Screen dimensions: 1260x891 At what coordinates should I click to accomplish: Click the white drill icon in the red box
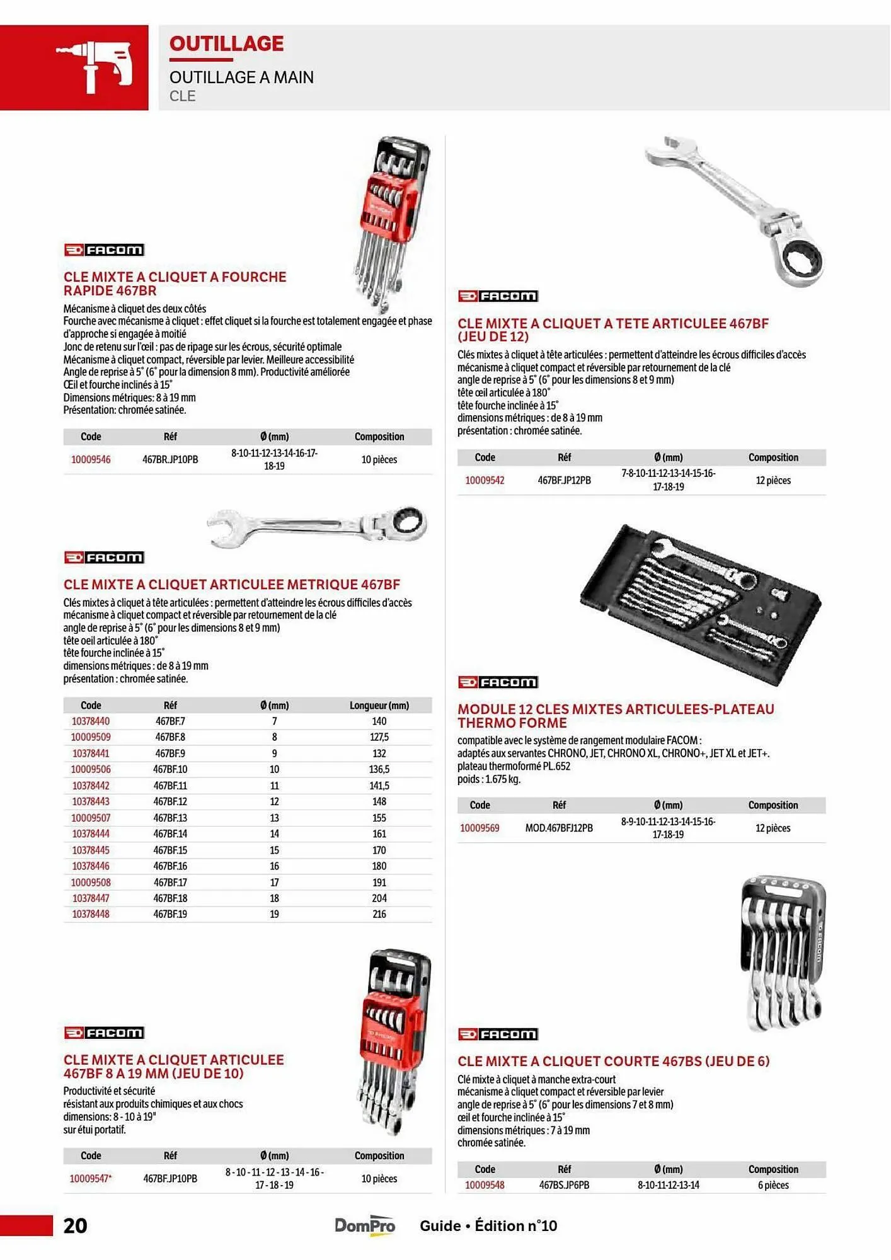click(95, 67)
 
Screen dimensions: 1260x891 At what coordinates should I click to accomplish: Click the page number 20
click(75, 1225)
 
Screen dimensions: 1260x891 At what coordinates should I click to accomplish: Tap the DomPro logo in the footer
click(365, 1225)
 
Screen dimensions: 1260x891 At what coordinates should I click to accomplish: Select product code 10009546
click(91, 459)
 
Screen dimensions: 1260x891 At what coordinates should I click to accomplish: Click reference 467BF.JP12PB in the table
click(564, 480)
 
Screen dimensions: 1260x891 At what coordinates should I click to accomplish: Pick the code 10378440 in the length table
click(91, 721)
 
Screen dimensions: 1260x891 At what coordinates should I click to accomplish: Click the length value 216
click(379, 914)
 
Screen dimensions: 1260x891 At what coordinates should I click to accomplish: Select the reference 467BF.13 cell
click(170, 818)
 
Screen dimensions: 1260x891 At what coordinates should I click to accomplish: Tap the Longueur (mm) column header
click(379, 706)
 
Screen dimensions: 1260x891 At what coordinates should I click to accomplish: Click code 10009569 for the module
click(480, 828)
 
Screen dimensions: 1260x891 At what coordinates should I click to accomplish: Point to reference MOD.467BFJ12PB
click(559, 828)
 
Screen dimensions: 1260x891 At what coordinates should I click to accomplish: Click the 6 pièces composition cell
click(773, 1185)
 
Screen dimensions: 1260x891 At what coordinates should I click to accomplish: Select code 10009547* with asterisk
click(91, 1178)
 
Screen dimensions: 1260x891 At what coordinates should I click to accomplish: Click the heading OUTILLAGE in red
click(226, 43)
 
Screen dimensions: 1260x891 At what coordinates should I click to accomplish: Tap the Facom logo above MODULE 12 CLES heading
click(498, 682)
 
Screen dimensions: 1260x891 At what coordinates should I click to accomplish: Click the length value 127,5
click(379, 737)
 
